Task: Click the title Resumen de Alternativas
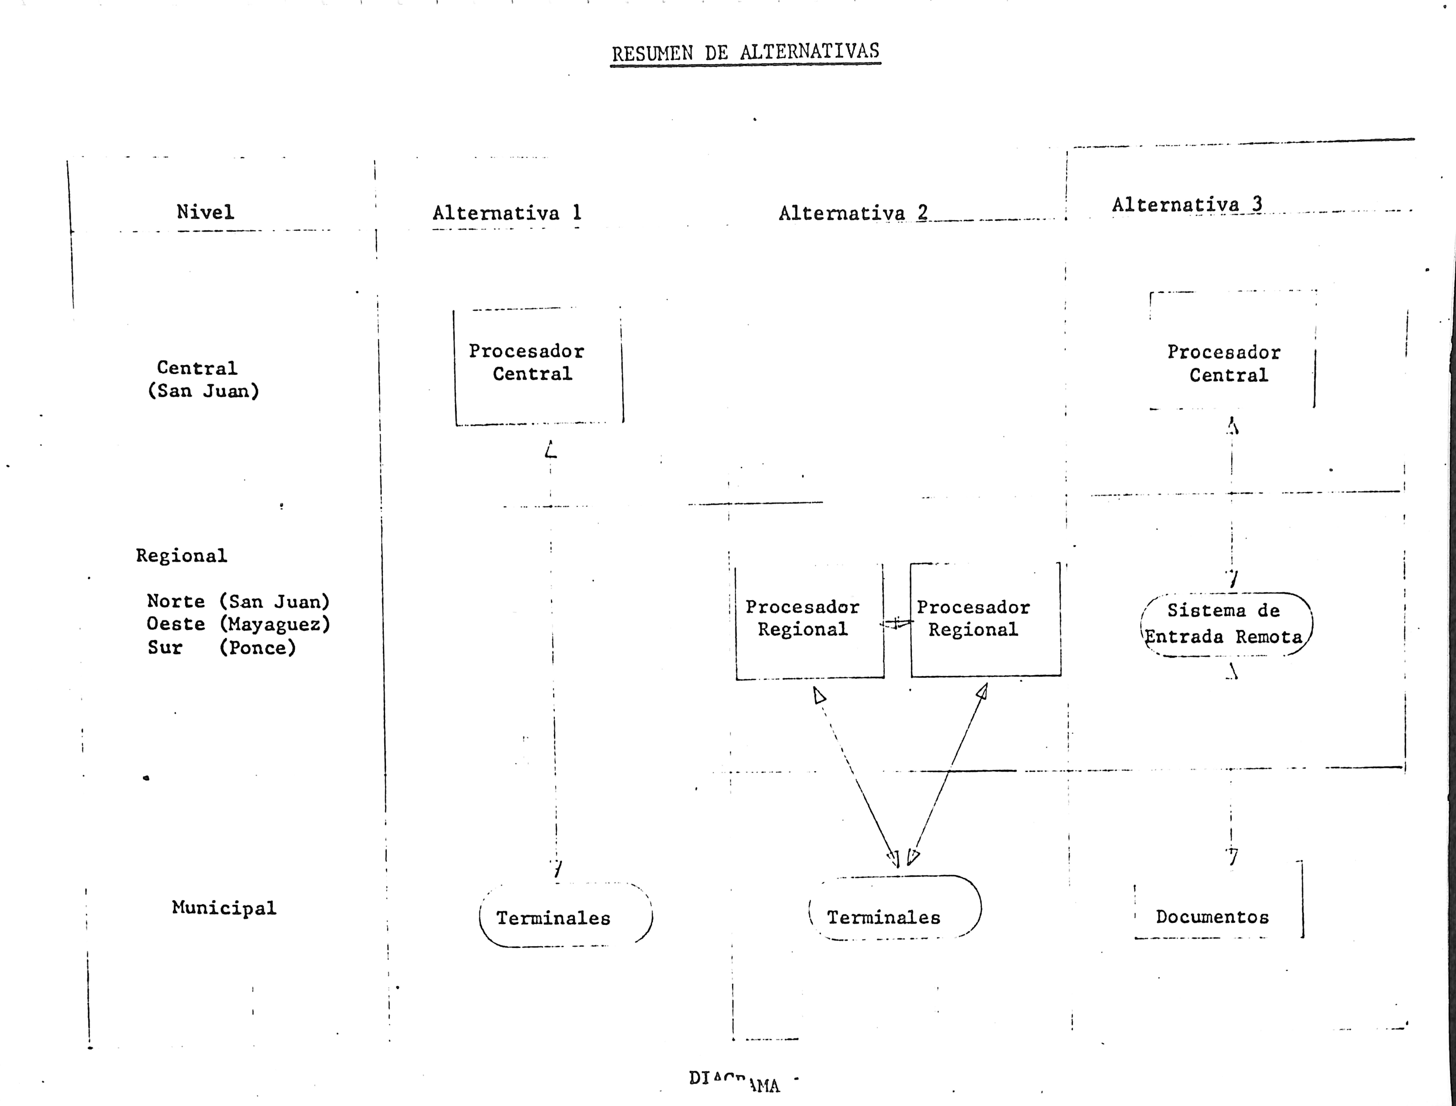745,52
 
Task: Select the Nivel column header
205,212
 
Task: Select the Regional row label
181,556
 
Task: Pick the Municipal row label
224,908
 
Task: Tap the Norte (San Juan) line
238,601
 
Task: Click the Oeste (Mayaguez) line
238,624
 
